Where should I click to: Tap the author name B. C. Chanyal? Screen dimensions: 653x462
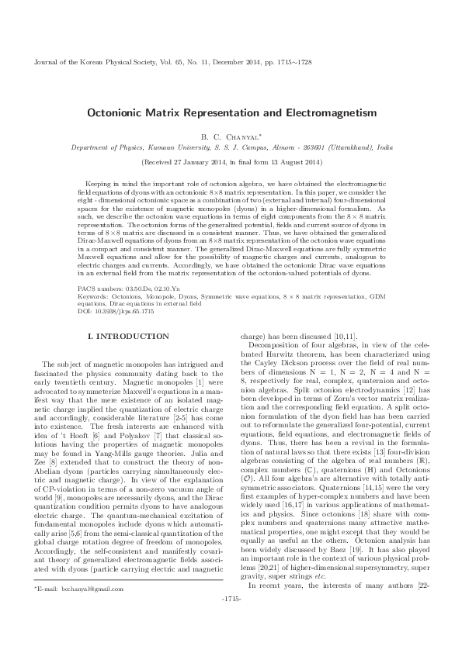coord(231,136)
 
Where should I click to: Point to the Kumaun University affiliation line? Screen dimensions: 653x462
coord(231,147)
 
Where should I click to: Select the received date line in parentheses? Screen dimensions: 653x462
coord(231,163)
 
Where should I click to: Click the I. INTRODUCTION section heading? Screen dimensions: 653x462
coord(129,336)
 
